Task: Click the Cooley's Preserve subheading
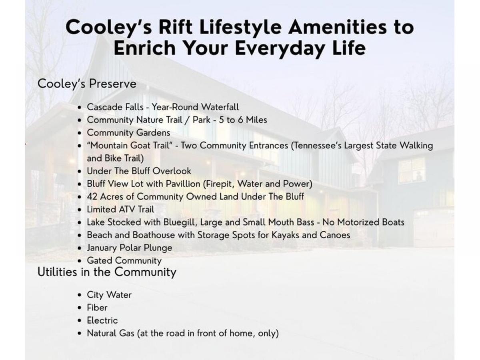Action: coord(87,84)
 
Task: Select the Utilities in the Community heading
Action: coord(107,272)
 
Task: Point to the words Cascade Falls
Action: coord(115,107)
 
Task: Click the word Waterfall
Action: coord(220,107)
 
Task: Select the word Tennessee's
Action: coord(318,146)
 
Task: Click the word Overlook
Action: coord(172,171)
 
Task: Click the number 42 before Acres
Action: coord(92,197)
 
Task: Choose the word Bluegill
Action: coord(178,222)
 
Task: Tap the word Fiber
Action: coord(97,308)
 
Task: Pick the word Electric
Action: coord(102,321)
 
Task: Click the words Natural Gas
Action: coord(111,333)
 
